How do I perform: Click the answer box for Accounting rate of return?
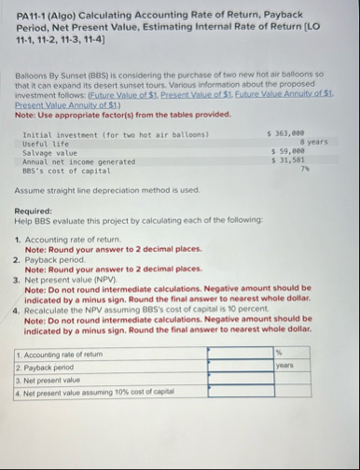click(x=240, y=353)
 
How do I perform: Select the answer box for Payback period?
click(x=240, y=366)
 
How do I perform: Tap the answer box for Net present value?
click(x=240, y=379)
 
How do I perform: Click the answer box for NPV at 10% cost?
click(x=240, y=392)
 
